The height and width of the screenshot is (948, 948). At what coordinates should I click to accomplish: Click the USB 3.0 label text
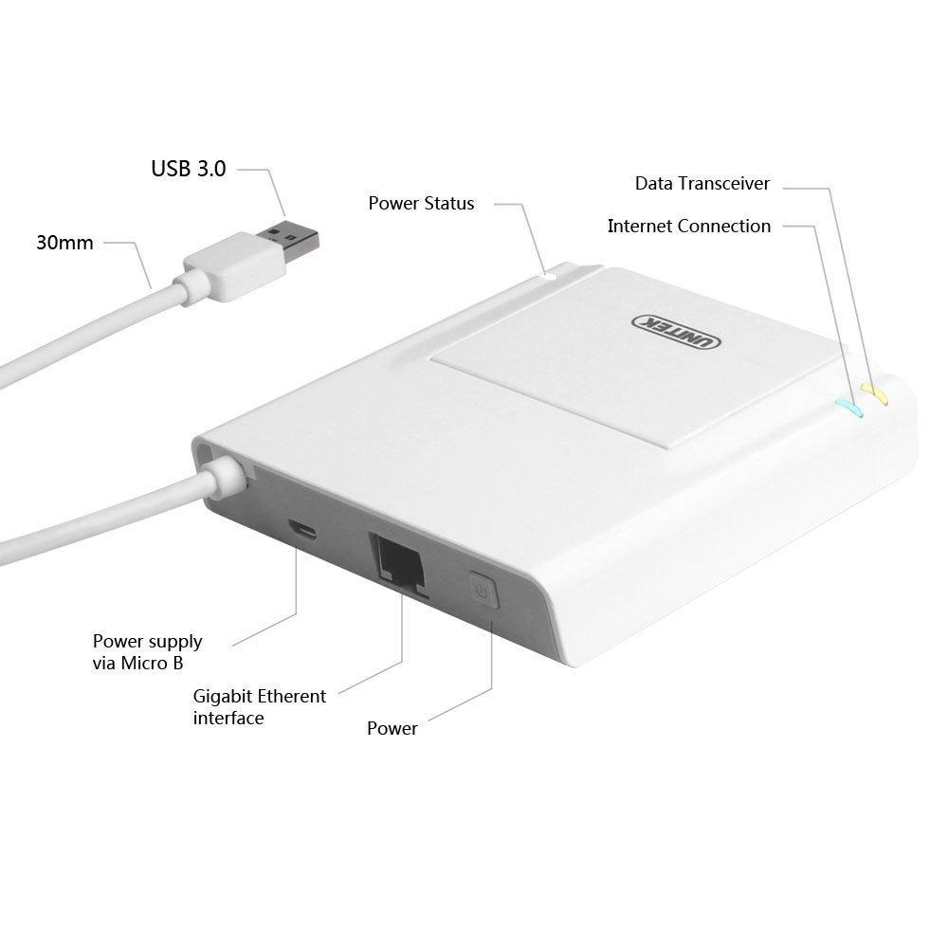pos(189,169)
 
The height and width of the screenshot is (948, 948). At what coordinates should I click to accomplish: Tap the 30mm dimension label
pos(64,243)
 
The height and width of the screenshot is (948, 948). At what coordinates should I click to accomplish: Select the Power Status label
pos(422,203)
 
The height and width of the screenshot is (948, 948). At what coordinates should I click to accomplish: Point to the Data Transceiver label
pos(702,183)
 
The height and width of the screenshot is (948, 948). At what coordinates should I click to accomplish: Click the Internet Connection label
pos(689,227)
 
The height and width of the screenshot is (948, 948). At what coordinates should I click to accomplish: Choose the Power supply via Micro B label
pos(148,652)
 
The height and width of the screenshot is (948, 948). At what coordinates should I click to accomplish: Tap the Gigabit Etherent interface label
pos(260,707)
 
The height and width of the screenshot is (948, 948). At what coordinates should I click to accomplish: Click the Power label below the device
pos(392,728)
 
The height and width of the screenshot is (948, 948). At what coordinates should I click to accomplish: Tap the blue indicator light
pos(848,408)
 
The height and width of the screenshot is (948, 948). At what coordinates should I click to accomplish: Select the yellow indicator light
pos(874,394)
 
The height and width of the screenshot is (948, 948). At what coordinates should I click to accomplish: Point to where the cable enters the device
pos(225,475)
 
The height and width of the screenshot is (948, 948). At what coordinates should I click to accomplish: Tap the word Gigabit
pos(221,697)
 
